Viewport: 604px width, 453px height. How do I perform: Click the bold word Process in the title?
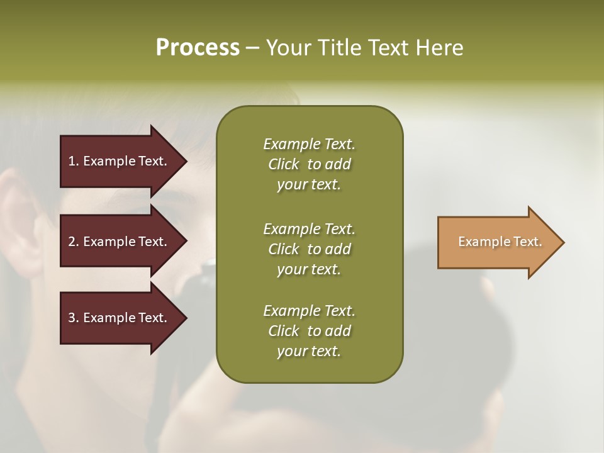coord(198,47)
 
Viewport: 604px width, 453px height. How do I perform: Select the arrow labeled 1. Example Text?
coord(120,161)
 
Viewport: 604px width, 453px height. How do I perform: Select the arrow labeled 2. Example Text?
coord(120,242)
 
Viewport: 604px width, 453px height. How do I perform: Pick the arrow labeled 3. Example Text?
coord(120,318)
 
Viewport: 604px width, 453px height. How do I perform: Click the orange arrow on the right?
coord(497,242)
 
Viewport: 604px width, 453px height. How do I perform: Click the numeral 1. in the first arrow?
coord(73,161)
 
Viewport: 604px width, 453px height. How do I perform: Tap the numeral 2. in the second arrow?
coord(73,242)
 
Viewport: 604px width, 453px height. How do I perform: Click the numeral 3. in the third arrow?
coord(73,318)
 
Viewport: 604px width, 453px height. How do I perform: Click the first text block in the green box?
coord(309,164)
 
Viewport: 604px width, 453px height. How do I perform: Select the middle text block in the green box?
coord(309,249)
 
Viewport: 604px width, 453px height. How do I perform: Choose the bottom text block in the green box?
coord(309,331)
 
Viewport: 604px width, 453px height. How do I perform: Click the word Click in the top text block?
coord(283,164)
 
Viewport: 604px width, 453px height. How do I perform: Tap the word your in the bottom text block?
coord(290,352)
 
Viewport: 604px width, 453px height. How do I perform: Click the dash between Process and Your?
coord(252,48)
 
